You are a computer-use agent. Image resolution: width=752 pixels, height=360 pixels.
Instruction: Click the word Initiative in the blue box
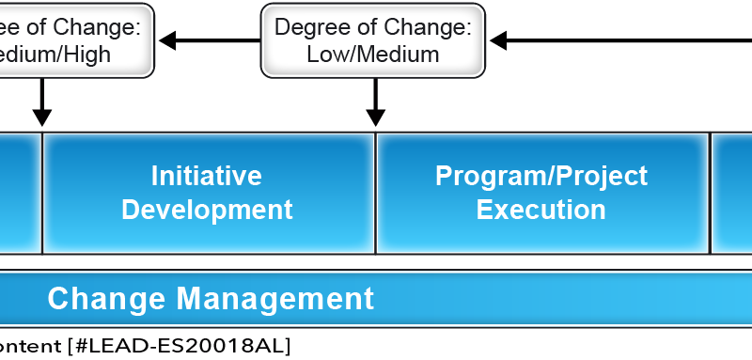[207, 176]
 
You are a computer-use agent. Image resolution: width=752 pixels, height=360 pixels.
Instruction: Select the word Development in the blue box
[207, 209]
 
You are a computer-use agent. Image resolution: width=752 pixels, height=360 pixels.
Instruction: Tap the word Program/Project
[540, 176]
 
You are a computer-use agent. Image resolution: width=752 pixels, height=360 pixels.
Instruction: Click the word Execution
[540, 209]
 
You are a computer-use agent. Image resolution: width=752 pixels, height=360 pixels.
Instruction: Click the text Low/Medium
[373, 55]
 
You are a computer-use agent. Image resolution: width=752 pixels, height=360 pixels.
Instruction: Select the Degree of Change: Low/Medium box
[373, 39]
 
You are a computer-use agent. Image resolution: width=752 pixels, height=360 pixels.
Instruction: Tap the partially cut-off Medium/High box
[75, 39]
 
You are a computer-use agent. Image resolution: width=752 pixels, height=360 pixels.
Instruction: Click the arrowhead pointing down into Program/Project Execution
[376, 117]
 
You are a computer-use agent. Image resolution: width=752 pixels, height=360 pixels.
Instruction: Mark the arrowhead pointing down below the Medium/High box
[41, 117]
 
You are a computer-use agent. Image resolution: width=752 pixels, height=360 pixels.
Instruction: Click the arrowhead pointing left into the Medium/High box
[167, 39]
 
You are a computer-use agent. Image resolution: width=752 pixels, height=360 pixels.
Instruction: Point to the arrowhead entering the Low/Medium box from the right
[498, 39]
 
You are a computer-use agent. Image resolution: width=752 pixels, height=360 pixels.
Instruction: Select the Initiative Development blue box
[209, 193]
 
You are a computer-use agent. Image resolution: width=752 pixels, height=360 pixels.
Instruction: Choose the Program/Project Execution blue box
[542, 193]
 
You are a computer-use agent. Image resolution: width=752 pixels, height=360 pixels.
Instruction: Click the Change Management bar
[376, 299]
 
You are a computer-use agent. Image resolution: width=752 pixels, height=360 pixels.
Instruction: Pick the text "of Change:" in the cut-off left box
[94, 26]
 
